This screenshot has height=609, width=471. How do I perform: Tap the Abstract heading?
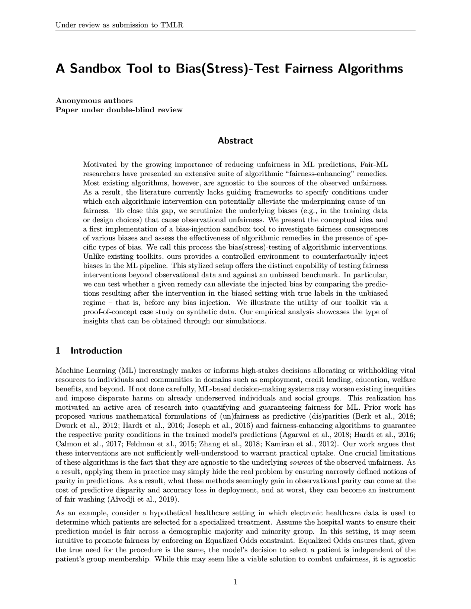[235, 141]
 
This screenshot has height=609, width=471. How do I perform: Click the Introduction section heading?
[96, 351]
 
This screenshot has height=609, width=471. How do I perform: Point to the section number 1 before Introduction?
[58, 351]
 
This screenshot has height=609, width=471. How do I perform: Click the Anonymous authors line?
[94, 100]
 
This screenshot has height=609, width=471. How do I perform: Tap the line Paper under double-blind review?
[119, 110]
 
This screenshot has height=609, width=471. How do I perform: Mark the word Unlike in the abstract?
[93, 257]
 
